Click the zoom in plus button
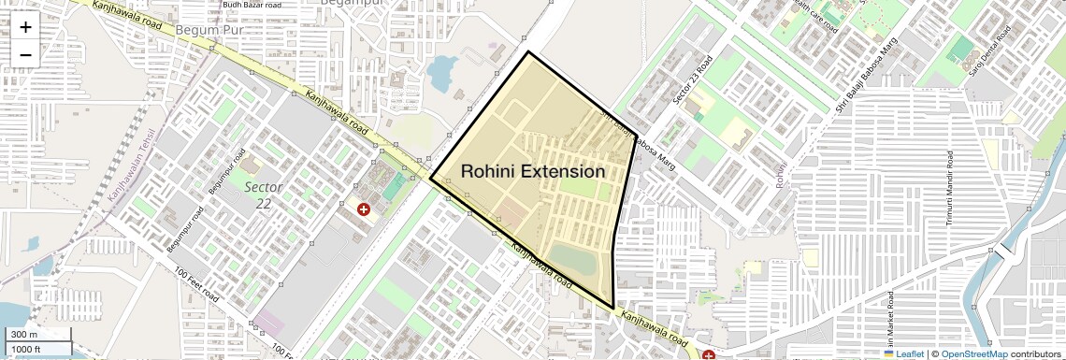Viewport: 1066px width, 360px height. pos(25,26)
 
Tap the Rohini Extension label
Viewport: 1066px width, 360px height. pos(533,172)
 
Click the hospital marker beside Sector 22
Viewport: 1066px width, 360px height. pos(364,209)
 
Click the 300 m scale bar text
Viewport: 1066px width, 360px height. pos(24,335)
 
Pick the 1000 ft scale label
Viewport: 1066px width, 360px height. pos(26,349)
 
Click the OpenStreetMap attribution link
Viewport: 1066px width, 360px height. pos(973,353)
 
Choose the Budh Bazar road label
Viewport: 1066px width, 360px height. pos(252,5)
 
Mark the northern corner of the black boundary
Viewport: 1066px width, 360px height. pos(528,52)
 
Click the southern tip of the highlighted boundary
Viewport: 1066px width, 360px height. pos(613,309)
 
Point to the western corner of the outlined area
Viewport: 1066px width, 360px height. pos(431,177)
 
